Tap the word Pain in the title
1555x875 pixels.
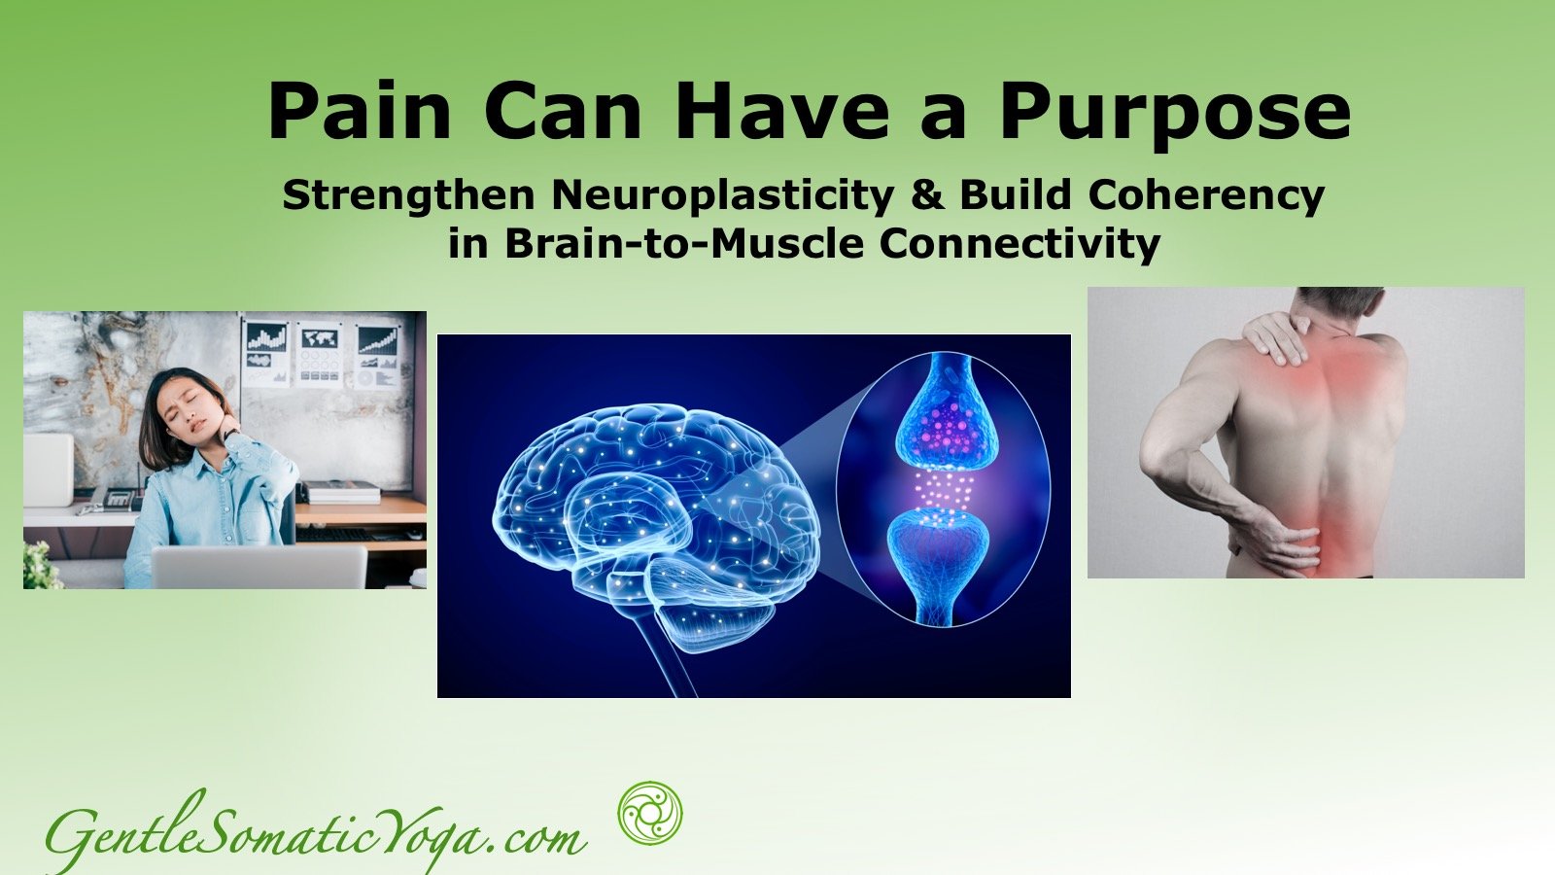(x=360, y=110)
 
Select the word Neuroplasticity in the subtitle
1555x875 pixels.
(x=722, y=197)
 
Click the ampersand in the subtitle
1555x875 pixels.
(x=926, y=195)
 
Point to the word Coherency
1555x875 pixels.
(x=1206, y=197)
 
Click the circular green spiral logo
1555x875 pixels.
(x=650, y=813)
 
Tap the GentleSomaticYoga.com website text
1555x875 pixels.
(x=316, y=833)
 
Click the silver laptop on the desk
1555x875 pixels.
(x=259, y=567)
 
